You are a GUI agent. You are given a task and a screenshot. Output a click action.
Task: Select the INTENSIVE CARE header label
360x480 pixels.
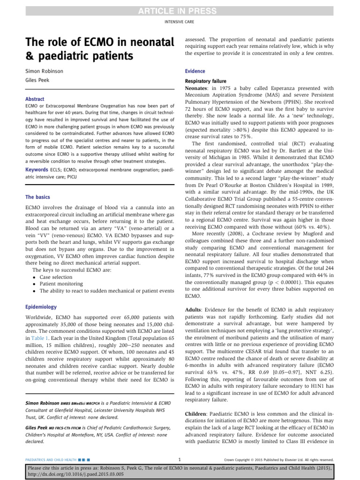point(180,22)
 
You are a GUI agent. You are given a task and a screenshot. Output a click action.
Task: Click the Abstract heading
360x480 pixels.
point(35,99)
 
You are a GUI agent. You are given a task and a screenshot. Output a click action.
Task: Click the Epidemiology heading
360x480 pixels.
point(41,307)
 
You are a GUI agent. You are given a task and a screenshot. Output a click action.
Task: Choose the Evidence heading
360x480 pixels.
point(195,71)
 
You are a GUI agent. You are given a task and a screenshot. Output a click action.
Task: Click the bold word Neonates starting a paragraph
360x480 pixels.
point(199,88)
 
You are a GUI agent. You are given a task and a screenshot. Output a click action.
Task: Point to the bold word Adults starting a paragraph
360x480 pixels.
point(194,310)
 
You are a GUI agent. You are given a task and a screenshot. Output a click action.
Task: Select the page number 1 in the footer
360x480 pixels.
point(180,459)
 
